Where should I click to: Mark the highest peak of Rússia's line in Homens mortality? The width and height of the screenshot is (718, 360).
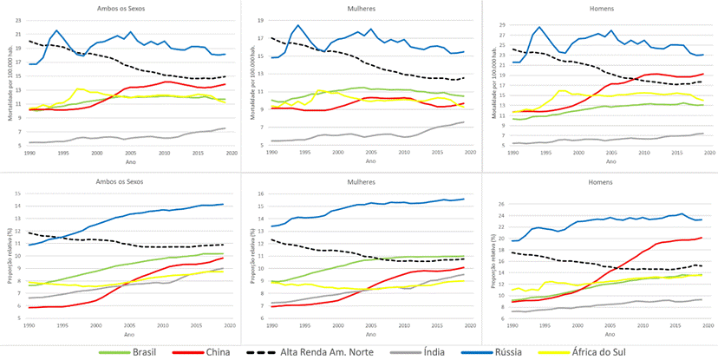click(539, 27)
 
